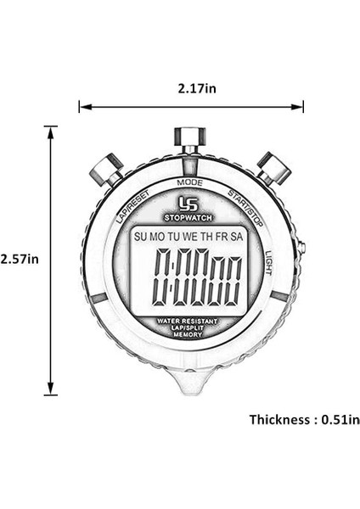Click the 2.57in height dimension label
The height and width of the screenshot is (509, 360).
click(20, 259)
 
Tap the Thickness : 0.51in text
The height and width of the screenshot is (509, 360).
click(304, 419)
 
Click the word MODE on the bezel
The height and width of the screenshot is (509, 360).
click(189, 182)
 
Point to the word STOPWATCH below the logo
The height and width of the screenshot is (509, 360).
click(188, 215)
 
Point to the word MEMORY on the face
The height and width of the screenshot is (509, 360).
click(188, 335)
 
